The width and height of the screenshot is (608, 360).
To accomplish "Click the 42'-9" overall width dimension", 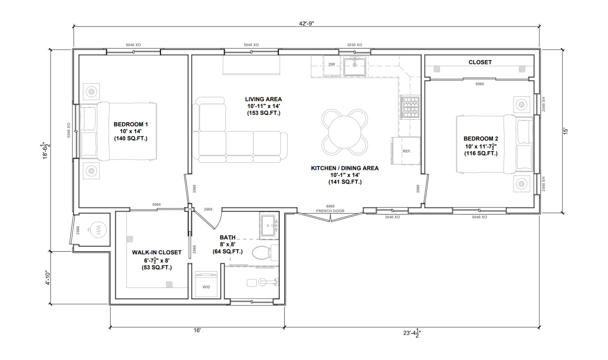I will point(306,23).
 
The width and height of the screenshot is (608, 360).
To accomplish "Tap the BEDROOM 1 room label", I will point(131,124).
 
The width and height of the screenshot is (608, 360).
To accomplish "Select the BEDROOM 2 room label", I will point(481,139).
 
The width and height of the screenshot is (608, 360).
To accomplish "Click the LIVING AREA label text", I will point(263,99).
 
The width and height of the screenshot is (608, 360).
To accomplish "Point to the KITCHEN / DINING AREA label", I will point(344,168).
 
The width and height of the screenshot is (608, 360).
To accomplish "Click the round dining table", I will point(344,132).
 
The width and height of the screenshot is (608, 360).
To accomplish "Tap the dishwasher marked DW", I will point(332,64).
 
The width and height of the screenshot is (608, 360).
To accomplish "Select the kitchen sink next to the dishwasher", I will point(354,66).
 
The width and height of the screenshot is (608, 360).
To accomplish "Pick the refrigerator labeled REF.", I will point(406,151).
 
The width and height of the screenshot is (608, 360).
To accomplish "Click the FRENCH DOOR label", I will point(330,211).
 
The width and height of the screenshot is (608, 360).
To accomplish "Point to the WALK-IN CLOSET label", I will point(157,252).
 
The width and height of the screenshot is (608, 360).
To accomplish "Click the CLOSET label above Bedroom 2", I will point(480,62).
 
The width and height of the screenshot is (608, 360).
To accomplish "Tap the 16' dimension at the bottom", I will point(197,330).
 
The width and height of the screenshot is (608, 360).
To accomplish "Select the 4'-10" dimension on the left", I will point(47,278).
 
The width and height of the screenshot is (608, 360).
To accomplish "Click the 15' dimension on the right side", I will point(566,131).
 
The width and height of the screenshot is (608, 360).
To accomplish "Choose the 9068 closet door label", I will point(479,84).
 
